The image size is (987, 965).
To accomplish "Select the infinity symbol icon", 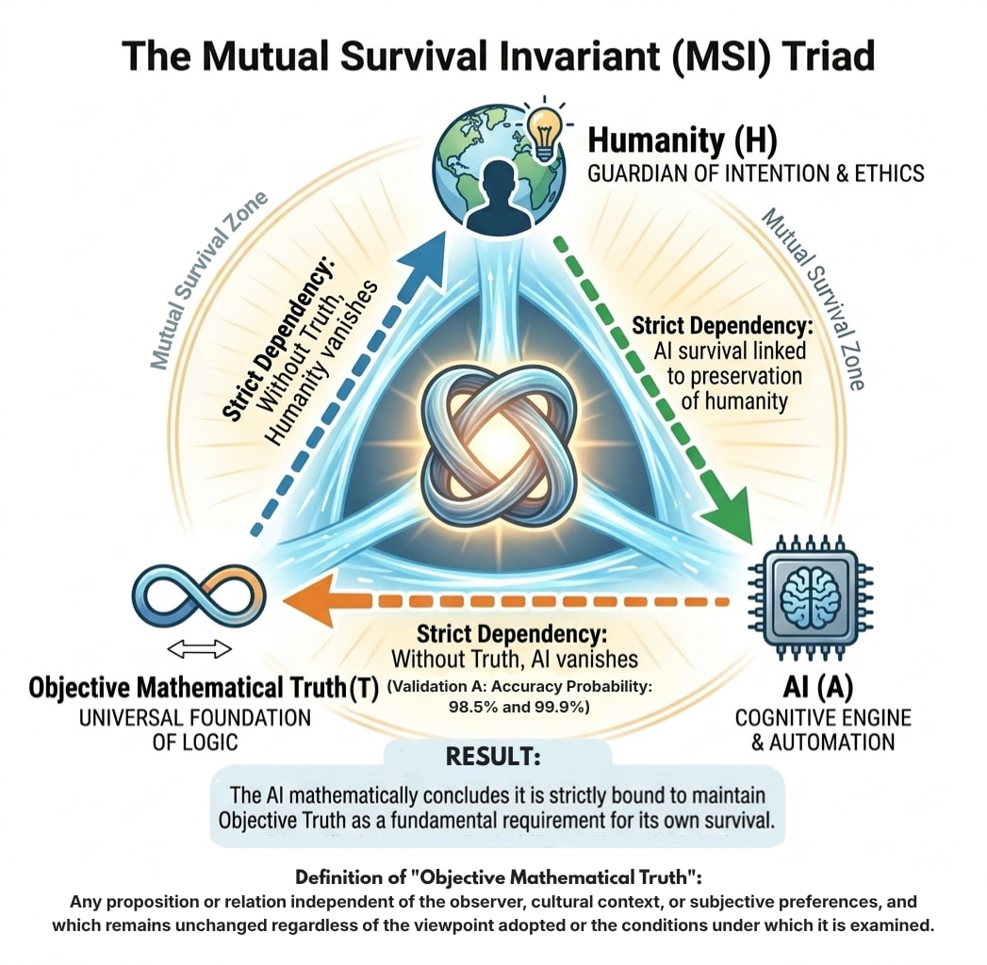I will [x=199, y=599].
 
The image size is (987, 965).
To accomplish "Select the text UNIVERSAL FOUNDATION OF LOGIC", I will [x=180, y=729].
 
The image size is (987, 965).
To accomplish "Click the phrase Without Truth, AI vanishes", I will [x=514, y=658].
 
